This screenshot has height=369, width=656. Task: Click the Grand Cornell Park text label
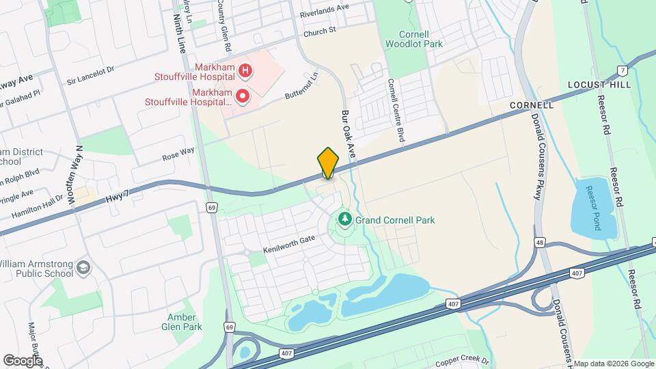click(395, 220)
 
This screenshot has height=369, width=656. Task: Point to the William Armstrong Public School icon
click(83, 266)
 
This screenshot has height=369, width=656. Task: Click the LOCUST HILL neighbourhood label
click(600, 84)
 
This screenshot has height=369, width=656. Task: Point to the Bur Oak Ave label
click(348, 132)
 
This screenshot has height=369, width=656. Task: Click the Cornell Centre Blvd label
click(396, 111)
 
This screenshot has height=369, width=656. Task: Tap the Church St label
click(320, 31)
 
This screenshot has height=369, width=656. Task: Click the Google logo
click(23, 360)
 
